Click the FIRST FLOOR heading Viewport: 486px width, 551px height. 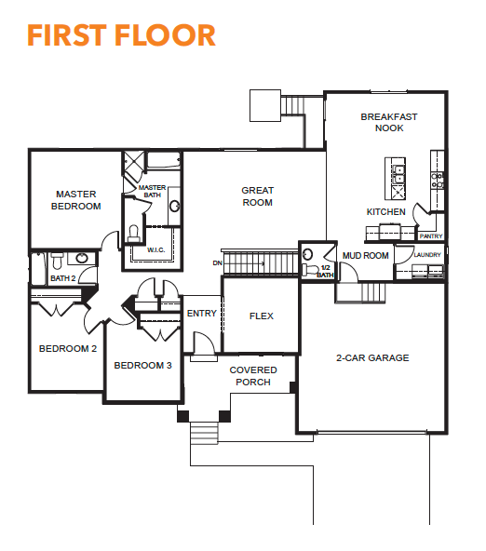point(121,35)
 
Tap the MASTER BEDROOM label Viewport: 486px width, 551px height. point(76,200)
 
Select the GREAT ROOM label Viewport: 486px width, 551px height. point(257,196)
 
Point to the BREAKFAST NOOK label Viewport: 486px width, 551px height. point(389,122)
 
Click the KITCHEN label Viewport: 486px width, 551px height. point(385,211)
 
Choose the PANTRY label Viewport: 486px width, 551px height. point(431,236)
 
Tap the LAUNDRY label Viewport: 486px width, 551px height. point(427,254)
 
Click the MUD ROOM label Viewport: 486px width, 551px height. point(366,255)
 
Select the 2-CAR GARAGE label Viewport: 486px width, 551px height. point(372,357)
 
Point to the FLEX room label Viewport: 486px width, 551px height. point(261,316)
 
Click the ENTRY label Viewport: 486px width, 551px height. point(202,313)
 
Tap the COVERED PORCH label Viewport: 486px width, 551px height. point(253,376)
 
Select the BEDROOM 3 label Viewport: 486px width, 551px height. point(142,366)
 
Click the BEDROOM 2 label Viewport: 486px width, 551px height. point(67,349)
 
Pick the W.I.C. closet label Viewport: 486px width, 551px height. point(155,249)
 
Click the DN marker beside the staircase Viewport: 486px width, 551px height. point(217,262)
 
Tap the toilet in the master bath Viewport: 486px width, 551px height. point(133,234)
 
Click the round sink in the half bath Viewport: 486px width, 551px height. point(307,254)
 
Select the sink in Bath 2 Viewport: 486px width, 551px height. point(82,259)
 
